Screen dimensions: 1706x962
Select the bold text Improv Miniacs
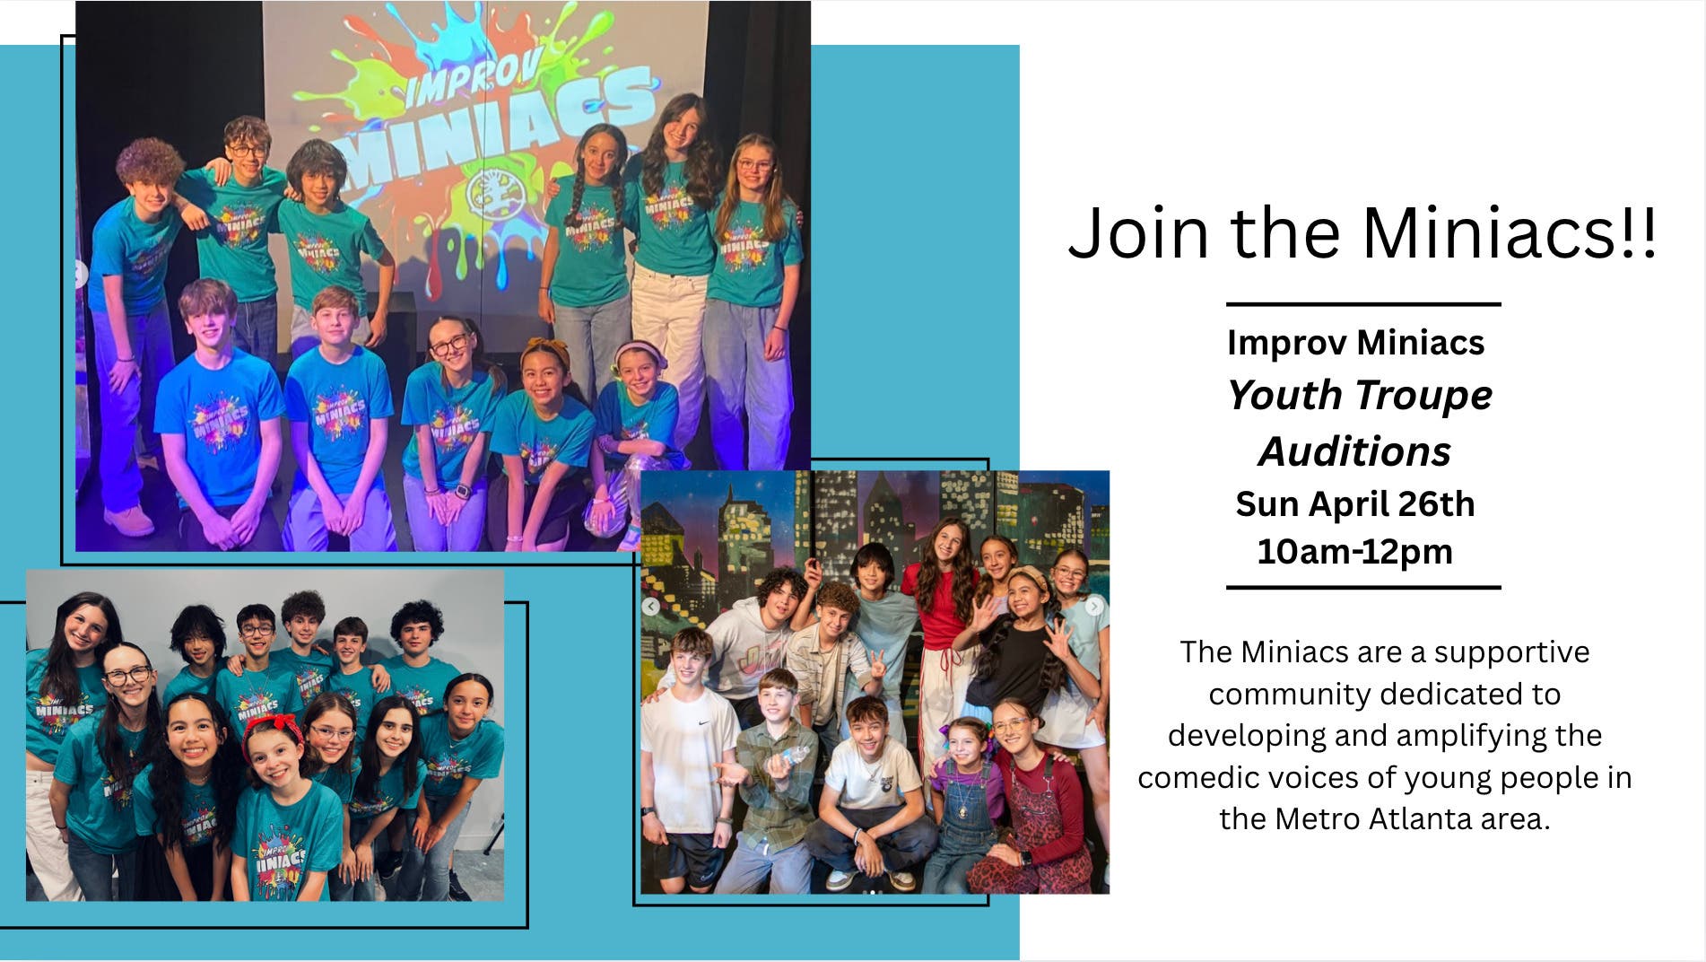coord(1355,343)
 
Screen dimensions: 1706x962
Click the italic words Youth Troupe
coord(1359,396)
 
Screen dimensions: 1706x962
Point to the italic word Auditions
coord(1354,451)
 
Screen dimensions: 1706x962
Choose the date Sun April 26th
coord(1354,504)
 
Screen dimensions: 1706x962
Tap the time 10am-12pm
coord(1354,551)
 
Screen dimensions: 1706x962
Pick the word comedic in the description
coord(1190,777)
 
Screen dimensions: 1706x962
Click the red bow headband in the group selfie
coord(273,723)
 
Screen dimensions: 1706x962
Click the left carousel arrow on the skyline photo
coord(651,606)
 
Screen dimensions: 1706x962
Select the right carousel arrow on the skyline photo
coord(1094,607)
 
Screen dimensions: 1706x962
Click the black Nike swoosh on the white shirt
coord(704,723)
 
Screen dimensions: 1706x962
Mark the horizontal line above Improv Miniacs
coord(1363,304)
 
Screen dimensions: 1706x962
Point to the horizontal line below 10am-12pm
coord(1363,588)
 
